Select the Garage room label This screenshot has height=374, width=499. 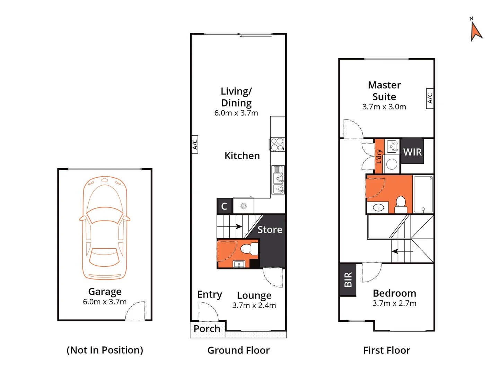(x=105, y=292)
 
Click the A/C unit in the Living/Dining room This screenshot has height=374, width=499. (x=195, y=144)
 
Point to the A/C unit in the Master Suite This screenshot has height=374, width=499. (x=430, y=98)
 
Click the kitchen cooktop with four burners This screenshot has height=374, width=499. (x=277, y=144)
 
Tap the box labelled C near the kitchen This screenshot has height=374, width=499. (x=224, y=206)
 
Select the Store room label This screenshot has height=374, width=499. (x=270, y=230)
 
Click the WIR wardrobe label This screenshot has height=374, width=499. (x=412, y=152)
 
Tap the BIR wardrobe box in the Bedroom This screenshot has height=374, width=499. (x=348, y=279)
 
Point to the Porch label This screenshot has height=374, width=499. (x=207, y=329)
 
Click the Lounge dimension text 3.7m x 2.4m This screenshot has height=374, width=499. (x=254, y=305)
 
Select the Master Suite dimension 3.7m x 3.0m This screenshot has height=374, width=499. (x=384, y=107)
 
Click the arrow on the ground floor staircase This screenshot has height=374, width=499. (x=238, y=227)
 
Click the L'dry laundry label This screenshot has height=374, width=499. (x=379, y=157)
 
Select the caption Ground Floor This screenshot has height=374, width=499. (x=238, y=350)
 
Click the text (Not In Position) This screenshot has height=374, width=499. (x=105, y=350)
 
